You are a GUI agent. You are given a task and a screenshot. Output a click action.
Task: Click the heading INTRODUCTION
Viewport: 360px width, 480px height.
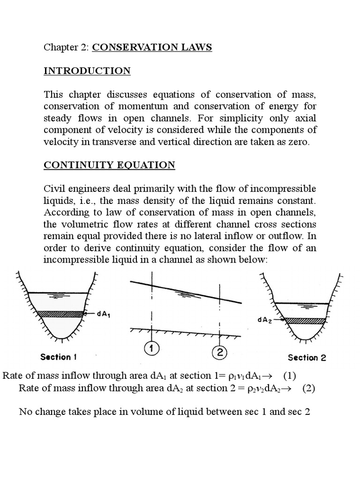pyautogui.click(x=87, y=71)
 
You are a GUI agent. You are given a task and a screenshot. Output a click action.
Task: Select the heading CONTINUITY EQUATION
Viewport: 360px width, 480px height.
pyautogui.click(x=109, y=165)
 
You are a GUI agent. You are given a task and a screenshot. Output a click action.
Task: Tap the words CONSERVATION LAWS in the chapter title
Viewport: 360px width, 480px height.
pyautogui.click(x=152, y=47)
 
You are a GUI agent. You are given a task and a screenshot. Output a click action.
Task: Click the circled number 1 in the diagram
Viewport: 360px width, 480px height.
pyautogui.click(x=151, y=349)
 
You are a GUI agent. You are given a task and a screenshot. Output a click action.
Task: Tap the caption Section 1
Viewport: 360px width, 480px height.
pyautogui.click(x=58, y=357)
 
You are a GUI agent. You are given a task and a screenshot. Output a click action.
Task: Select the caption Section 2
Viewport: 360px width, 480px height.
pyautogui.click(x=307, y=358)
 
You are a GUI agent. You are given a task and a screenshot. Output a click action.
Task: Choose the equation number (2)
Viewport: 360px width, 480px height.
pyautogui.click(x=307, y=389)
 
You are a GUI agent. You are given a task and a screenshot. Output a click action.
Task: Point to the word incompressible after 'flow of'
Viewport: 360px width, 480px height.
pyautogui.click(x=283, y=188)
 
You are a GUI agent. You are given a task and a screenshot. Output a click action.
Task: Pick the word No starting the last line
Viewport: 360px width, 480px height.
pyautogui.click(x=25, y=412)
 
